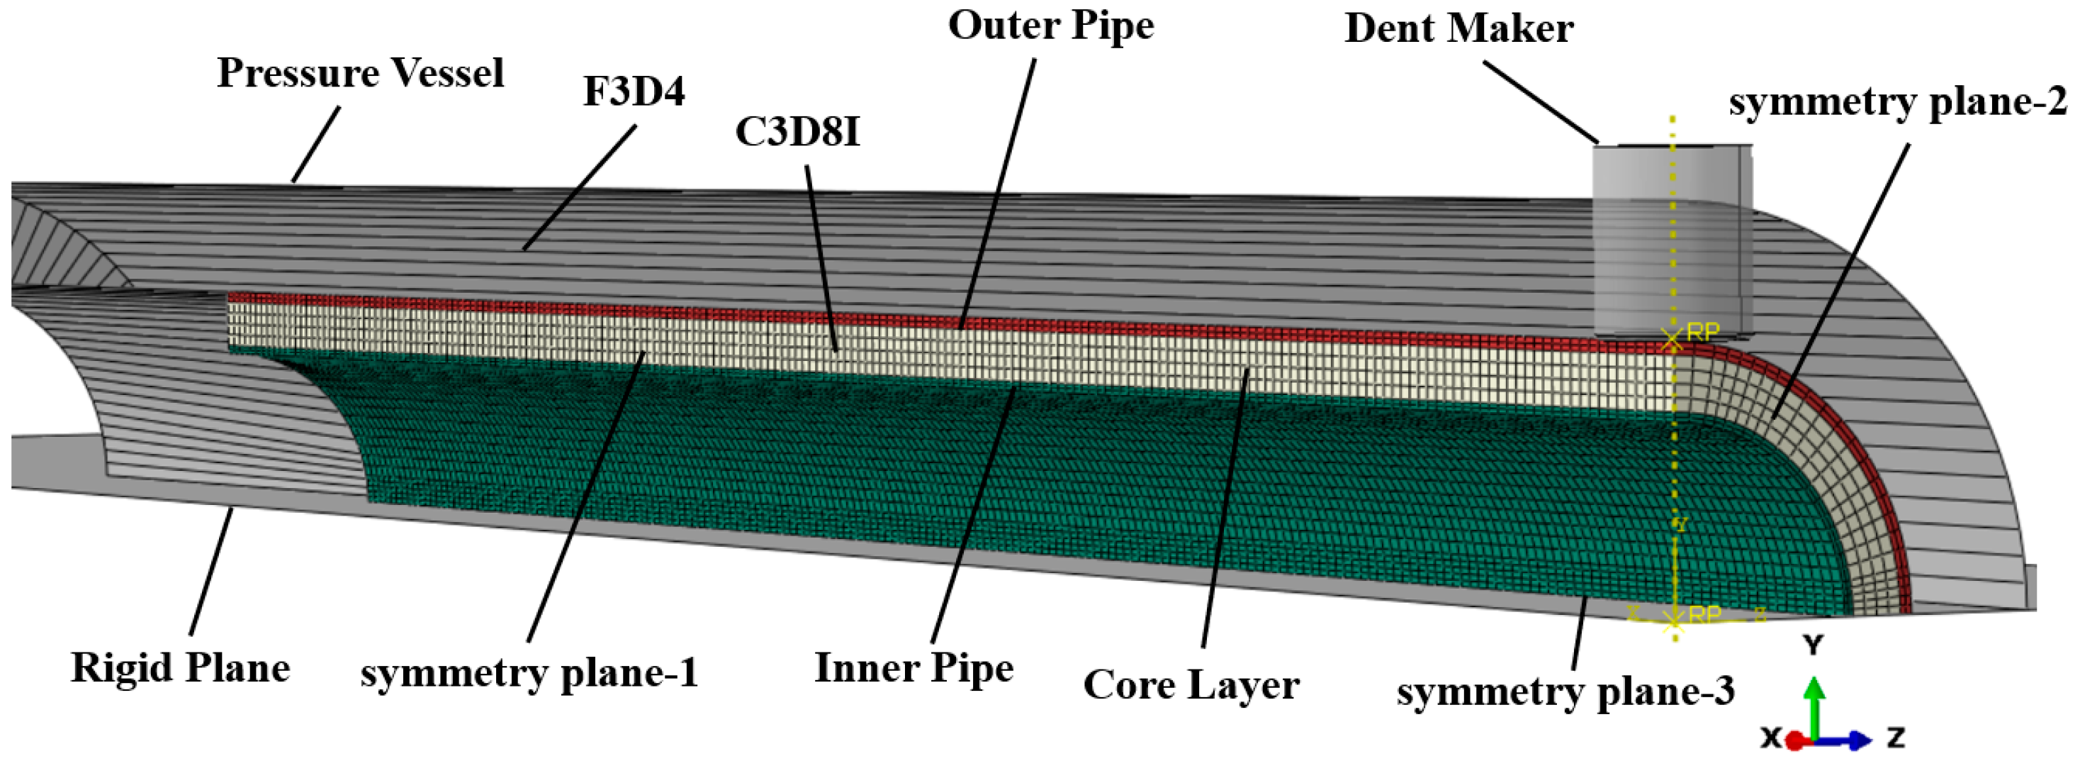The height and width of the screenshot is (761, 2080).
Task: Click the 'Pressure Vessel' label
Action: pyautogui.click(x=360, y=74)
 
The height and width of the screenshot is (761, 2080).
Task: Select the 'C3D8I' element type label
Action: pyautogui.click(x=798, y=132)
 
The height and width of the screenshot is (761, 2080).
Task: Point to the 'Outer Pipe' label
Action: pyautogui.click(x=1050, y=26)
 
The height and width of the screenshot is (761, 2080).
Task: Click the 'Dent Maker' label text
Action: pyautogui.click(x=1458, y=29)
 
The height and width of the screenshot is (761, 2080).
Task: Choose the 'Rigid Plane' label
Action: pyautogui.click(x=180, y=668)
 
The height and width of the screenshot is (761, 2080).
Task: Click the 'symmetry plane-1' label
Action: pyautogui.click(x=529, y=673)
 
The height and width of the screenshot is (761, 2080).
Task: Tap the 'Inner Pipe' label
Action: pyautogui.click(x=913, y=669)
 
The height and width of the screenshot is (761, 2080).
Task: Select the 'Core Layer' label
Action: pyautogui.click(x=1191, y=685)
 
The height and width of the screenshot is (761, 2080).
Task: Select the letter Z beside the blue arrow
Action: pyautogui.click(x=1896, y=737)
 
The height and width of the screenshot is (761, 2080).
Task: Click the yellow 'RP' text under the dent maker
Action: pyautogui.click(x=1703, y=332)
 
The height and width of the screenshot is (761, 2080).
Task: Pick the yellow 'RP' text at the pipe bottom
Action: pyautogui.click(x=1704, y=614)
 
